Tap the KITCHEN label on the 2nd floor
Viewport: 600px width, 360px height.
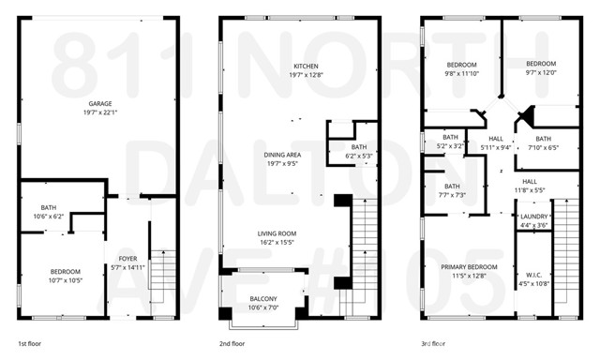[306, 66]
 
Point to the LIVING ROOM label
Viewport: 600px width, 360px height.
[277, 233]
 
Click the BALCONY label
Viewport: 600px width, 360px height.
[262, 299]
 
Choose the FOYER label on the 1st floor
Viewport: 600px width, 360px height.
[127, 259]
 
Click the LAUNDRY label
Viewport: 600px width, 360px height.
[533, 216]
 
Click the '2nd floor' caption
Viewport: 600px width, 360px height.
[231, 344]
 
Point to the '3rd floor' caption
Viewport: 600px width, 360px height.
[433, 344]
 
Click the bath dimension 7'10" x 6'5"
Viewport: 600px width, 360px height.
[544, 147]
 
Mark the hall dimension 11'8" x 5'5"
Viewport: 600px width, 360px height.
[530, 190]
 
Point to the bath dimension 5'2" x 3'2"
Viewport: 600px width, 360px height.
[451, 146]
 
